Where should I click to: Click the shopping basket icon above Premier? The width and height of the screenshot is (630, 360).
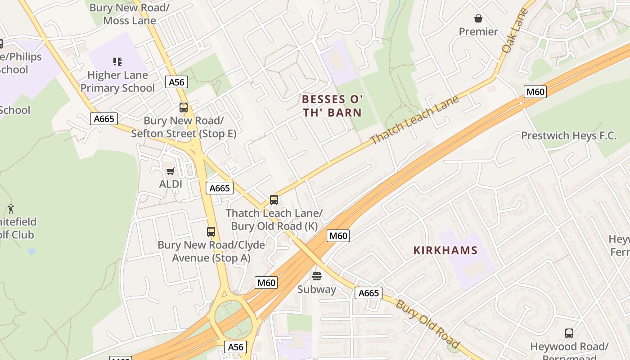click(x=478, y=18)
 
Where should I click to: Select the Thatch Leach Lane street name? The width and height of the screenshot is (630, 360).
click(x=414, y=119)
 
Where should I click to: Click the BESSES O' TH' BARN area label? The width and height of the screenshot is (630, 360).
click(x=332, y=106)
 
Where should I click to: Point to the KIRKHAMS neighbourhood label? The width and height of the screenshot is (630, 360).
click(x=445, y=251)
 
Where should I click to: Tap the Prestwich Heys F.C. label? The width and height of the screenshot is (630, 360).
click(x=568, y=135)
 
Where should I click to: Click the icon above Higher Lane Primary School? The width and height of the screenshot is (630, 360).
click(x=117, y=61)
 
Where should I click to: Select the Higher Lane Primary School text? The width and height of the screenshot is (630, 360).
click(x=117, y=81)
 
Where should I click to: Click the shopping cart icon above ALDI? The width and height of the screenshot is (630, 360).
click(x=170, y=171)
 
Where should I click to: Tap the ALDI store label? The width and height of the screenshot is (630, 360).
click(x=171, y=184)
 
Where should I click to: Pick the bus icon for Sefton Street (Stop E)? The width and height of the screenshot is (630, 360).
click(x=184, y=108)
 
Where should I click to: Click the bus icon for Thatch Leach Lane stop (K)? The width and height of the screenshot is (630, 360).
click(x=274, y=200)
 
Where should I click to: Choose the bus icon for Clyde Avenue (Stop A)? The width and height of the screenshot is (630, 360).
click(x=211, y=232)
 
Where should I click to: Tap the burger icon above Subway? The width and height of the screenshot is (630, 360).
click(x=317, y=276)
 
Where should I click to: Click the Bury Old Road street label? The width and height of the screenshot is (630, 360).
click(x=427, y=324)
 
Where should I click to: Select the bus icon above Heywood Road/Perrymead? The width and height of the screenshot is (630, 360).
click(x=569, y=333)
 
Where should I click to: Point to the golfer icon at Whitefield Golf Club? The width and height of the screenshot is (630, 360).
click(x=11, y=209)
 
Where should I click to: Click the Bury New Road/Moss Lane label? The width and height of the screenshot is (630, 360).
click(x=130, y=14)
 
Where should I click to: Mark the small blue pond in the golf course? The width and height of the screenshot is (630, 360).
click(x=31, y=251)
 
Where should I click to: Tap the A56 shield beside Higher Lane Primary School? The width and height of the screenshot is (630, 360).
click(x=176, y=82)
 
